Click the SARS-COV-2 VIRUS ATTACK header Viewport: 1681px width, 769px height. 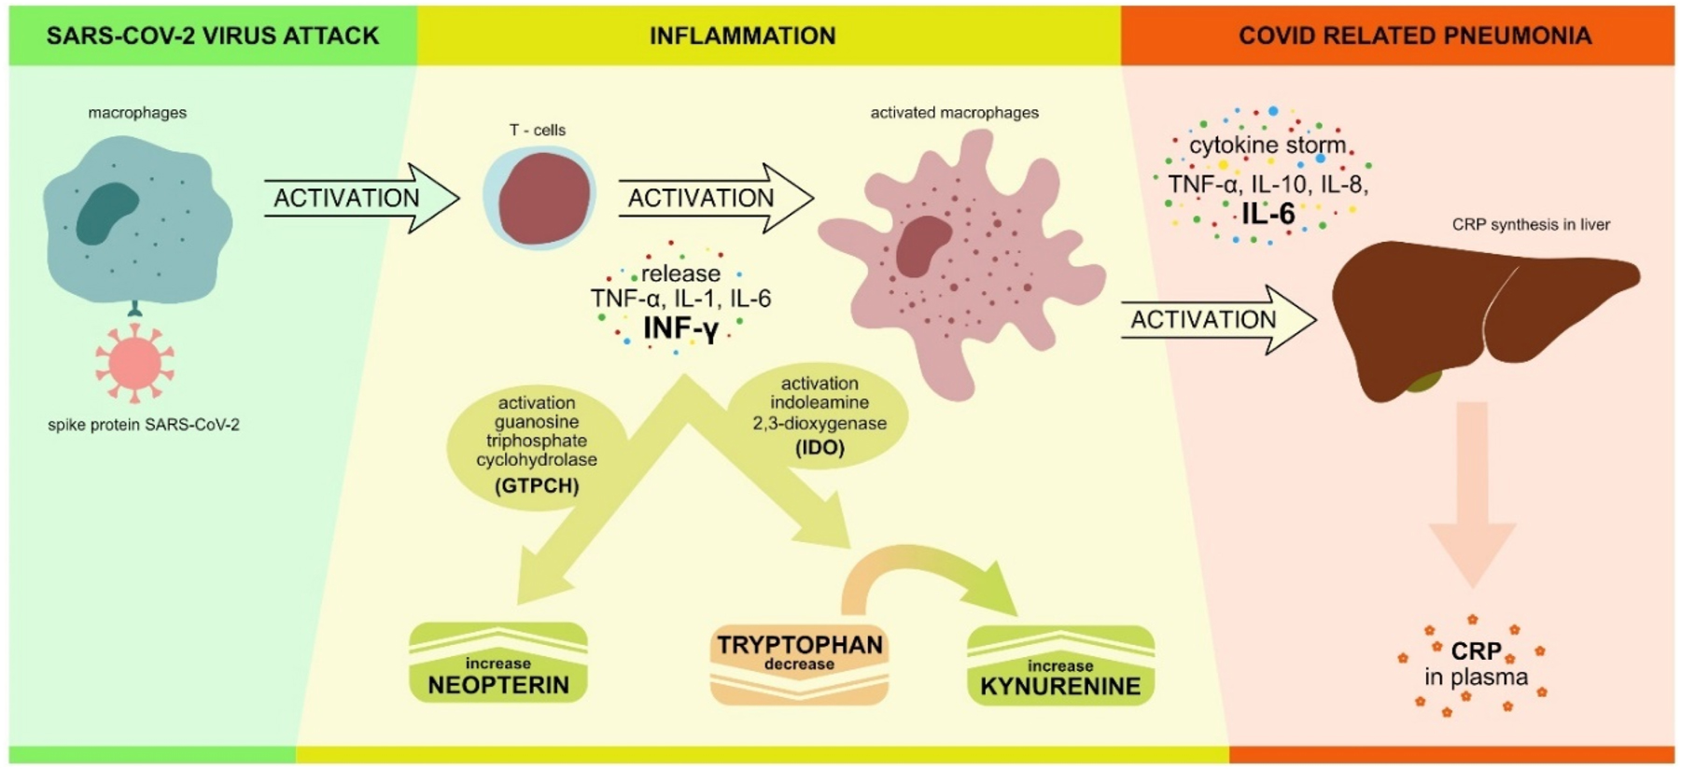pyautogui.click(x=213, y=35)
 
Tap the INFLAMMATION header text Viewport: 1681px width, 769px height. pyautogui.click(x=742, y=35)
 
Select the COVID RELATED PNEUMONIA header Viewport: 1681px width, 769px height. pyautogui.click(x=1414, y=35)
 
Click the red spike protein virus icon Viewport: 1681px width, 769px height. pyautogui.click(x=134, y=362)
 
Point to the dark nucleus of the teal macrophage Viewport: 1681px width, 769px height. pyautogui.click(x=105, y=213)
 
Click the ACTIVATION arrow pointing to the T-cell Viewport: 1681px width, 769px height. pyautogui.click(x=359, y=198)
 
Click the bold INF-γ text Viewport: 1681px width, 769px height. pyautogui.click(x=680, y=329)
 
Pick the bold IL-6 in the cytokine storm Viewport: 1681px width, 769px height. pyautogui.click(x=1268, y=215)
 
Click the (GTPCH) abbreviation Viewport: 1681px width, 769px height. pyautogui.click(x=537, y=486)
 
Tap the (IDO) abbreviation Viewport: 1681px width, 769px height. pyautogui.click(x=819, y=448)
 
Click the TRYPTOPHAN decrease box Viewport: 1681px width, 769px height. pyautogui.click(x=799, y=663)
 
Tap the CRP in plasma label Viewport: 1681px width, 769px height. pyautogui.click(x=1476, y=664)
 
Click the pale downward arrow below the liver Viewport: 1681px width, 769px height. pyautogui.click(x=1472, y=495)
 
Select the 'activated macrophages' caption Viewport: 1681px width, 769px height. pyautogui.click(x=954, y=113)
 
